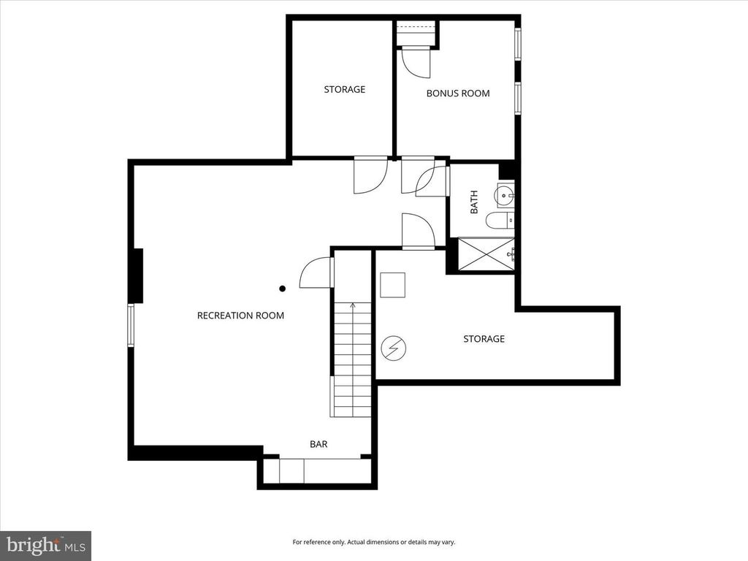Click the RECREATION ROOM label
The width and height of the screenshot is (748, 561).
click(240, 316)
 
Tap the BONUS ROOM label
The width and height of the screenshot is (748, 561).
click(458, 93)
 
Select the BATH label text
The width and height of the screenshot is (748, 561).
click(474, 202)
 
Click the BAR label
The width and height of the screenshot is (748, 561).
click(318, 443)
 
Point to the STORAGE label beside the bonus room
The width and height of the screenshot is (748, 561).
click(345, 90)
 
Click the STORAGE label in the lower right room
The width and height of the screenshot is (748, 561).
click(484, 339)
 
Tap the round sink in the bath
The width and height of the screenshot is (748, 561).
click(505, 195)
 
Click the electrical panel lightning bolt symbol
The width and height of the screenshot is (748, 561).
click(393, 348)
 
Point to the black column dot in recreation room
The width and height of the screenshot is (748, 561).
click(282, 289)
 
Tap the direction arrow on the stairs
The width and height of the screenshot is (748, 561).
click(353, 306)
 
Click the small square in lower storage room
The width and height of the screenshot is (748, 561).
click(392, 285)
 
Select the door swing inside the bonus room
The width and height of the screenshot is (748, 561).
click(417, 62)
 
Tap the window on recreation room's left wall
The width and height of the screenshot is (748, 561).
click(131, 325)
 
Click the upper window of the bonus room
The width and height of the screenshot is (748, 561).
click(518, 44)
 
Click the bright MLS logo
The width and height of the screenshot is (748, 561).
click(45, 545)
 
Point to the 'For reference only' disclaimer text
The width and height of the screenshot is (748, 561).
click(373, 542)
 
